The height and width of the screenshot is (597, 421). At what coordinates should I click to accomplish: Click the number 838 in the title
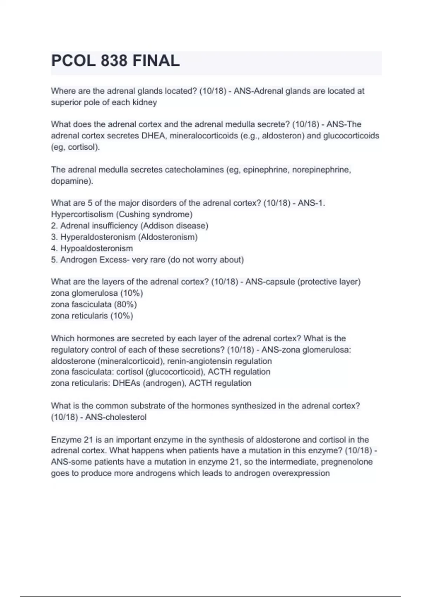tap(114, 61)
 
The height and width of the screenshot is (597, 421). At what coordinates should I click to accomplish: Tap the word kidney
tap(143, 103)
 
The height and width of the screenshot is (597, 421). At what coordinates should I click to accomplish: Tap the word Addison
tap(157, 225)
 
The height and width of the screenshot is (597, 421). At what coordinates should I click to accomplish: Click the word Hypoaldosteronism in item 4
tap(96, 248)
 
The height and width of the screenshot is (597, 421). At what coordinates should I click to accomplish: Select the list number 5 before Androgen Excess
tap(54, 260)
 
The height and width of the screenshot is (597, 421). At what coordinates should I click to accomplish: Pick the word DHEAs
tap(126, 383)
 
